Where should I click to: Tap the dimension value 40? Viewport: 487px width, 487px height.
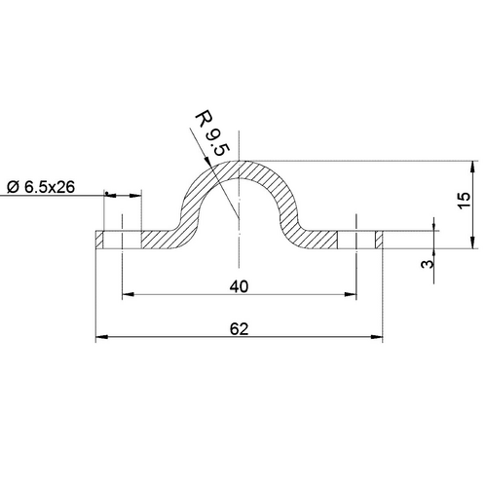[239, 286]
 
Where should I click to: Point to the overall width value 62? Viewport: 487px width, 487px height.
[239, 329]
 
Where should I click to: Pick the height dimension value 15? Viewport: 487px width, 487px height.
[464, 202]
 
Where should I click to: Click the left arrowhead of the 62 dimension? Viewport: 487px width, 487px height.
[100, 338]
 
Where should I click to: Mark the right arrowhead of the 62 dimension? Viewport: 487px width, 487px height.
[376, 338]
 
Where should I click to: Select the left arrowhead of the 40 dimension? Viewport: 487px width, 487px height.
[127, 295]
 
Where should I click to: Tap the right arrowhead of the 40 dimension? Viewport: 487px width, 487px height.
[352, 295]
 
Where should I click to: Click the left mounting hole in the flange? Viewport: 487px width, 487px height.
[122, 240]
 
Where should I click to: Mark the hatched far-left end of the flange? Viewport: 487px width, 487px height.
[101, 240]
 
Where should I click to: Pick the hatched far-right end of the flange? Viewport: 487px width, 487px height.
[377, 240]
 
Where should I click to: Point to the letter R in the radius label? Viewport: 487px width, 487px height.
[203, 120]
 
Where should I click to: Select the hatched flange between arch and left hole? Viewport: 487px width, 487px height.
[156, 240]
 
